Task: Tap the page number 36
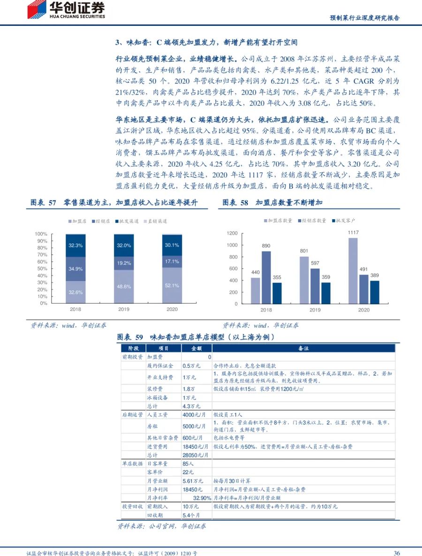pyautogui.click(x=396, y=553)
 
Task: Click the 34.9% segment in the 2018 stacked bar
pyautogui.click(x=75, y=269)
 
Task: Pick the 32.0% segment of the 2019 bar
pyautogui.click(x=124, y=245)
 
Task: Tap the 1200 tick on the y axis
pyautogui.click(x=232, y=233)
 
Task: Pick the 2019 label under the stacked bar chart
pyautogui.click(x=124, y=310)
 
